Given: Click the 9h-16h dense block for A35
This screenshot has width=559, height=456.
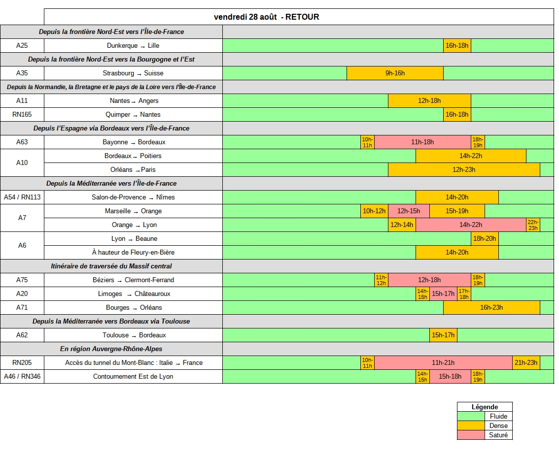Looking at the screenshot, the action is click(395, 73).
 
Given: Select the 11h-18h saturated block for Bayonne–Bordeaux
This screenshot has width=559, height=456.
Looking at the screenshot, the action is click(422, 142).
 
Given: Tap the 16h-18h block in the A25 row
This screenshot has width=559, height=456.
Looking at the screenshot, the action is click(457, 46).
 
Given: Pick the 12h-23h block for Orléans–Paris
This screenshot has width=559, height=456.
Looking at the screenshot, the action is click(464, 169).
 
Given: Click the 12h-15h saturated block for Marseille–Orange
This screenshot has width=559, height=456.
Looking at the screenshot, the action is click(409, 211).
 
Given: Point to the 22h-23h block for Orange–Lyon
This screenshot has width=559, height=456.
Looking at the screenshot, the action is click(533, 225).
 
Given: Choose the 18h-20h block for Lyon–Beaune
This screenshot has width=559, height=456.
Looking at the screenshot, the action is click(485, 239).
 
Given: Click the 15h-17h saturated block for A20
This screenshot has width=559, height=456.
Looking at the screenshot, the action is click(443, 294).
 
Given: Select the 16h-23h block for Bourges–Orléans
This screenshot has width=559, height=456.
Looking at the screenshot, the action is click(491, 307).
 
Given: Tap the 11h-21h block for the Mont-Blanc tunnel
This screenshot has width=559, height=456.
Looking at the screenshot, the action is click(443, 362).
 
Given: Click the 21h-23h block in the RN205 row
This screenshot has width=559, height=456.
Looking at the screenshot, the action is click(526, 362).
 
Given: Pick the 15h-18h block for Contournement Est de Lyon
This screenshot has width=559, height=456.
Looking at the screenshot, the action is click(450, 377).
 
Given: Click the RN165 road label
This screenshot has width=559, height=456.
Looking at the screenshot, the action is click(22, 114).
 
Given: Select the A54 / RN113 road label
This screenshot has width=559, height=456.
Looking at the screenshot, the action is click(22, 197).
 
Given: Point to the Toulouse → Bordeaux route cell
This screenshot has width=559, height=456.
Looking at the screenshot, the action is click(134, 335).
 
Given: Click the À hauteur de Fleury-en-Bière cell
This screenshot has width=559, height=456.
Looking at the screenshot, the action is click(133, 252).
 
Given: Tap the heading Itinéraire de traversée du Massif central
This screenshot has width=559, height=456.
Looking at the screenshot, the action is click(111, 266).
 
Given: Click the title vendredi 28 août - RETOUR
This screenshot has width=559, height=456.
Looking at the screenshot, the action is click(266, 17).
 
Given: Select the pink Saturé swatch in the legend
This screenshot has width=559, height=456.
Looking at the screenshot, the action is click(471, 435).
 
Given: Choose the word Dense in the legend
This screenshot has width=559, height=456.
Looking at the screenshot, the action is click(498, 426).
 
